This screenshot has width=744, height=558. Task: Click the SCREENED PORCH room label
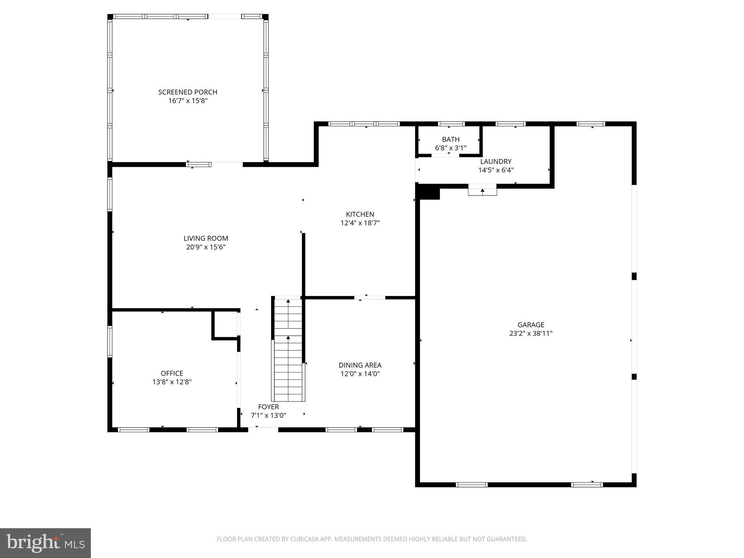point(187,92)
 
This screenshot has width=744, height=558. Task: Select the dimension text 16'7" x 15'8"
point(187,101)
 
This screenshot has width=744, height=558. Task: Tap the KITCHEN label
point(360,214)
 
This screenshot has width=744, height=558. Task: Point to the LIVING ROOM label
point(206,238)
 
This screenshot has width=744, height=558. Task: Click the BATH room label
point(450,139)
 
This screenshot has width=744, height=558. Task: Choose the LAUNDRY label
point(496,162)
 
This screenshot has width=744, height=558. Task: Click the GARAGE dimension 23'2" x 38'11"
point(530,333)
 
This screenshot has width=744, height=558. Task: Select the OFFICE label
point(172,373)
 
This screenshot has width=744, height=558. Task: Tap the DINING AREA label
point(360,365)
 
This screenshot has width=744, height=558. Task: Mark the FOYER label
point(268,407)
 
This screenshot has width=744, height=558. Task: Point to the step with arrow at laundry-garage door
point(482,190)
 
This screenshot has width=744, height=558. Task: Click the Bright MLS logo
point(45,543)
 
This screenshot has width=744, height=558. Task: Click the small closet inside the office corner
point(226,324)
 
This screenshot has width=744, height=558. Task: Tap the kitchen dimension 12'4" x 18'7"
point(360,223)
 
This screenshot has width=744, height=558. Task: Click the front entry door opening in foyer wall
point(263,429)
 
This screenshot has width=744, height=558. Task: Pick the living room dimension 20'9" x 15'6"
point(206,247)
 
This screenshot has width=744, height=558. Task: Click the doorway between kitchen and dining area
point(369,298)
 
